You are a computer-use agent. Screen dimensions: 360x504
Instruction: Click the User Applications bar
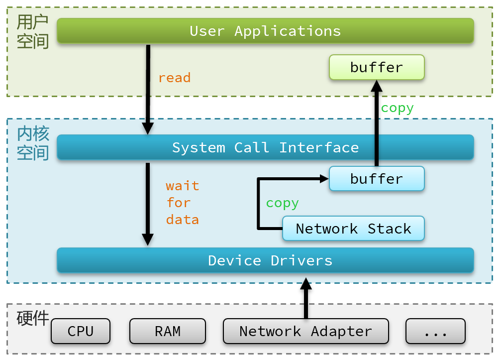[265, 31]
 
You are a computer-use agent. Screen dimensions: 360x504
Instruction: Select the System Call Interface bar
[265, 147]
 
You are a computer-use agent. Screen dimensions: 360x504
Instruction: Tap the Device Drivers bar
[265, 260]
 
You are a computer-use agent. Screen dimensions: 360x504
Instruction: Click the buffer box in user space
[377, 67]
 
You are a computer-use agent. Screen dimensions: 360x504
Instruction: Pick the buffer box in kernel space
[377, 179]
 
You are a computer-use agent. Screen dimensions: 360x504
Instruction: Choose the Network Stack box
[353, 229]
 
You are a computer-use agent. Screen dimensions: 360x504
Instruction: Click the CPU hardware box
[81, 331]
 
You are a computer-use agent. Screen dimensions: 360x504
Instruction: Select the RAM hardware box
[168, 331]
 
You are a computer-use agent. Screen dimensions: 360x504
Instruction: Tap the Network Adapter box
[305, 331]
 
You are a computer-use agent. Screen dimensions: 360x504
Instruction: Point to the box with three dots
[435, 331]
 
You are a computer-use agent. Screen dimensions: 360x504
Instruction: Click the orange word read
[174, 78]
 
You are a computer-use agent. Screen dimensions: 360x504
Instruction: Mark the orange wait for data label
[182, 203]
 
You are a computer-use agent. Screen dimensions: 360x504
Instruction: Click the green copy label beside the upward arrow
[397, 108]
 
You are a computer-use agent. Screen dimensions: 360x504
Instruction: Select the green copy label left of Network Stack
[282, 203]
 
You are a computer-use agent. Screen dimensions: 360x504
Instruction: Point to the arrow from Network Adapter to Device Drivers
[305, 299]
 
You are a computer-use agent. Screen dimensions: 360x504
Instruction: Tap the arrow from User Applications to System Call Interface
[148, 90]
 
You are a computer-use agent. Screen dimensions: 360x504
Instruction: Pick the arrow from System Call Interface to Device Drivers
[148, 204]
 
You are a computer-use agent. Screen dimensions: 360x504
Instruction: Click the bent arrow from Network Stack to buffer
[258, 204]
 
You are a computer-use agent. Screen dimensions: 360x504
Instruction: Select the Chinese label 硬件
[32, 318]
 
